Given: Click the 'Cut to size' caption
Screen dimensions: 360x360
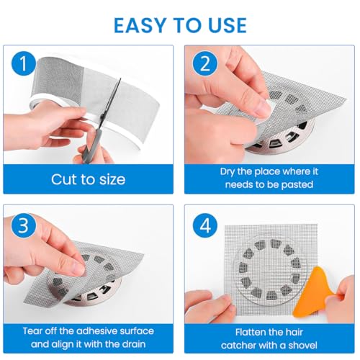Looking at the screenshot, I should pyautogui.click(x=87, y=179).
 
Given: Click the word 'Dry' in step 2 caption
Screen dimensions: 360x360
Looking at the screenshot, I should pyautogui.click(x=228, y=172).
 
